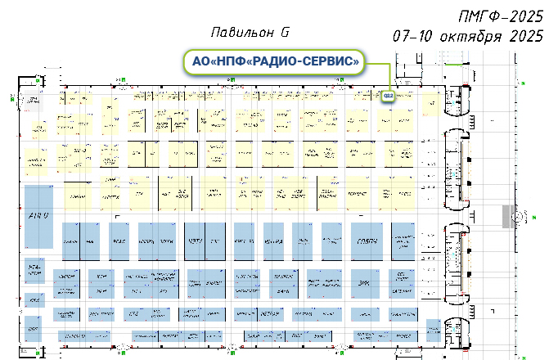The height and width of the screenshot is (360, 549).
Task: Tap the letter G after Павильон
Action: (285, 34)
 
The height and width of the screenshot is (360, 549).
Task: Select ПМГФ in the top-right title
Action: (482, 16)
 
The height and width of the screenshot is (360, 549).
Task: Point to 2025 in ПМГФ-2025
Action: (524, 16)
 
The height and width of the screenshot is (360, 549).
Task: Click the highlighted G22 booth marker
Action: (388, 97)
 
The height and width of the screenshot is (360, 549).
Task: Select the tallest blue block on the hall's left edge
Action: (38, 216)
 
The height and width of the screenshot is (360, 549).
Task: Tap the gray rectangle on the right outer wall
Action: (506, 215)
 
